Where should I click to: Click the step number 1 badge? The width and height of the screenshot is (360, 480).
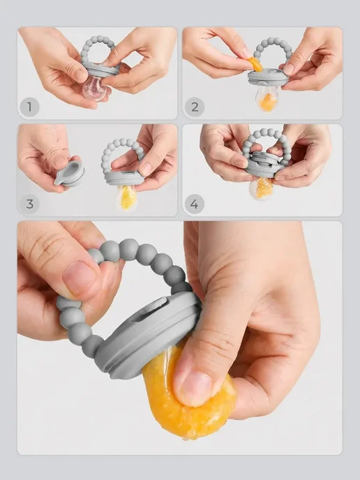(29, 107)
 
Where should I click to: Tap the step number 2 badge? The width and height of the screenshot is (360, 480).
(195, 107)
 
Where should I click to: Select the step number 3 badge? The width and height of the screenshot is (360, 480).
(29, 204)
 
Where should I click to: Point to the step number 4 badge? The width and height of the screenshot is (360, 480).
(195, 204)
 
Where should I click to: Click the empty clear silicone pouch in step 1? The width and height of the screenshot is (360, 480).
(94, 88)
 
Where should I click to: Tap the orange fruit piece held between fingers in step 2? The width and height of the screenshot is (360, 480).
(255, 64)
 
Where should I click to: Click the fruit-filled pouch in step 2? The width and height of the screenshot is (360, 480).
(266, 98)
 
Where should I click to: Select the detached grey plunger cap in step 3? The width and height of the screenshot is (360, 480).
(70, 174)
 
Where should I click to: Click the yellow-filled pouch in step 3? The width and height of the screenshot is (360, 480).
(126, 197)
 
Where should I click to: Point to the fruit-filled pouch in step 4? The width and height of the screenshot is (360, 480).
(262, 188)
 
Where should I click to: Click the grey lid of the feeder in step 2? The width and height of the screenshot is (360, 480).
(269, 77)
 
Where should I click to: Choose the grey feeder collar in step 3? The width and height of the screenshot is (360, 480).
(123, 178)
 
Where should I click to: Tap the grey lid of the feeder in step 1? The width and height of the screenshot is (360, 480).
(100, 69)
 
